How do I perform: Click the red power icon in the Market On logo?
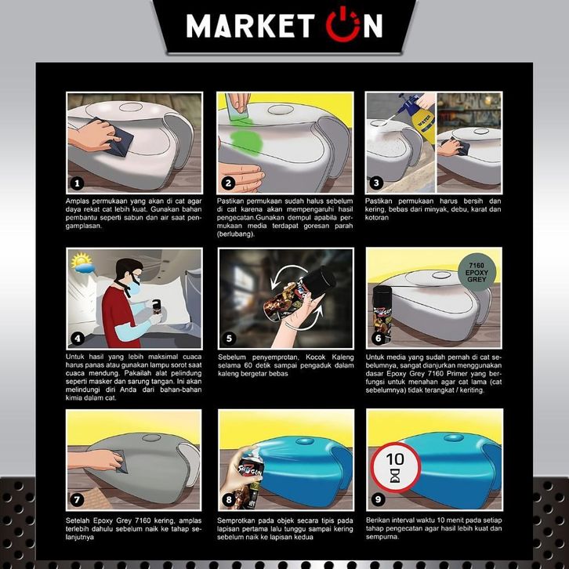click(342, 24)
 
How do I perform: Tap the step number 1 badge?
click(77, 183)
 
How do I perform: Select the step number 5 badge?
click(229, 339)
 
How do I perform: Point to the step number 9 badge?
click(378, 499)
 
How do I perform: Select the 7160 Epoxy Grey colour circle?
click(477, 272)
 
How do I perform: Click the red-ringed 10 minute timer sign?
click(396, 467)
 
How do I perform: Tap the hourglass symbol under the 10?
click(395, 476)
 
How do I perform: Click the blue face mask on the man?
click(134, 288)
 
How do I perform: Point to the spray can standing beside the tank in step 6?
click(382, 314)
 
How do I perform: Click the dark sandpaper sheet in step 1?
click(115, 138)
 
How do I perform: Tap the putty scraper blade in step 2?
click(235, 108)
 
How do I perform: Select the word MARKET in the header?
click(250, 26)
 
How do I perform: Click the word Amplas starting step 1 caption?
click(78, 201)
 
